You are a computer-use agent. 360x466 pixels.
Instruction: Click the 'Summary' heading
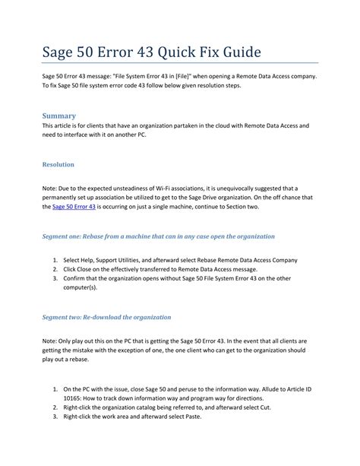(58, 116)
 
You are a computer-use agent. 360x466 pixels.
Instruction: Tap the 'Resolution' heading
(58, 163)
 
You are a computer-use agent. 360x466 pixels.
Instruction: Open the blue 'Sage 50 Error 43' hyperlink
(74, 207)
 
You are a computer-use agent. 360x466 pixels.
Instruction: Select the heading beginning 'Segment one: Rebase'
(158, 236)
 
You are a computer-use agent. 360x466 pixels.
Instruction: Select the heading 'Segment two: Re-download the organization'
(106, 316)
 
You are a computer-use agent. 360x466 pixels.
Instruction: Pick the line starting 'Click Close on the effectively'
(171, 269)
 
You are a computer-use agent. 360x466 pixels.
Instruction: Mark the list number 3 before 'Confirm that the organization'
(55, 279)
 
